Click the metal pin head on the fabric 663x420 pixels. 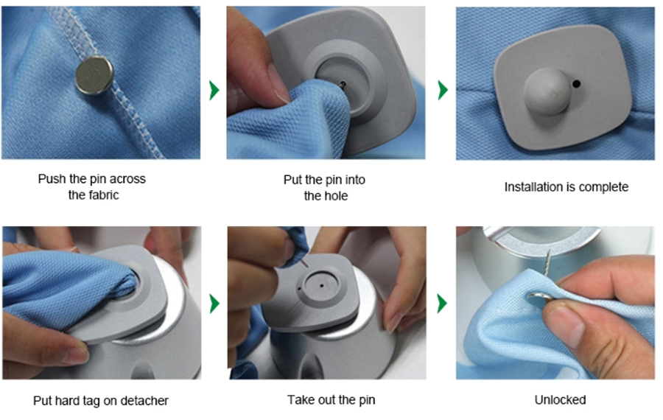[94, 75]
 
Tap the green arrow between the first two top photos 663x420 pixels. [214, 90]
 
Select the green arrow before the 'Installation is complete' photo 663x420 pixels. [443, 90]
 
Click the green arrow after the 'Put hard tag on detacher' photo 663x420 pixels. [214, 304]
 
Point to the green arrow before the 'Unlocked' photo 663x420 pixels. [442, 304]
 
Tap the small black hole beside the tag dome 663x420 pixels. [576, 84]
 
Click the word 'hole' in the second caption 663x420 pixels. [337, 196]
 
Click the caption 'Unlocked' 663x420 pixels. [561, 399]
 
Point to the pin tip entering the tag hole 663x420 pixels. [343, 84]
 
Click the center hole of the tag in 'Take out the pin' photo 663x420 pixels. [322, 286]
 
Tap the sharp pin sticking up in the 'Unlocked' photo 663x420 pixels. [547, 262]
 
